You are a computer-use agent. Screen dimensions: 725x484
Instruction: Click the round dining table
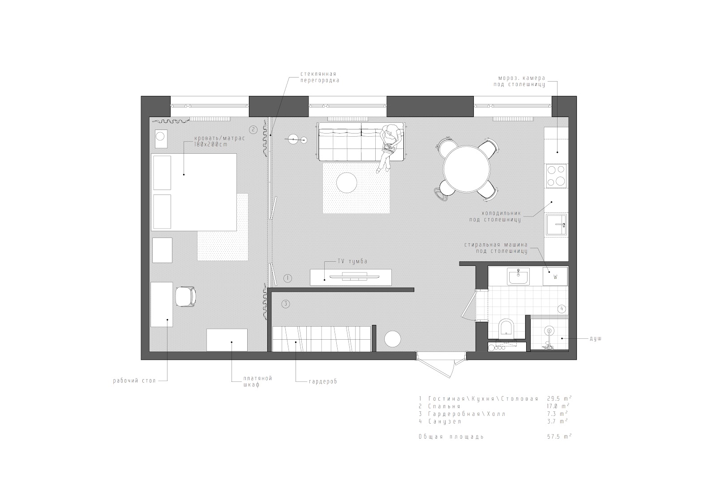pos(467,169)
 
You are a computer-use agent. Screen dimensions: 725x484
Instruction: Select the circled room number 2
pos(253,130)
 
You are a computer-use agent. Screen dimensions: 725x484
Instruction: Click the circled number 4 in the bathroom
pos(562,309)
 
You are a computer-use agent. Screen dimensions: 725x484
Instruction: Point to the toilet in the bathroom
pos(506,327)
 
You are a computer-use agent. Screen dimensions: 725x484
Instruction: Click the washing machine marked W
pos(555,277)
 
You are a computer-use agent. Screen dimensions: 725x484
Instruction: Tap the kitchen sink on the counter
pos(556,224)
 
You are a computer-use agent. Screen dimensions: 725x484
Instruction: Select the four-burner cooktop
pos(556,176)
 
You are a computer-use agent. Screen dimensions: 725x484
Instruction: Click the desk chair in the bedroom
pos(186,296)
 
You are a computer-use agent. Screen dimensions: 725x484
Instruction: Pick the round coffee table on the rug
pos(346,183)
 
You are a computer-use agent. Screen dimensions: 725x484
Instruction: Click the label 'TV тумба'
pos(353,261)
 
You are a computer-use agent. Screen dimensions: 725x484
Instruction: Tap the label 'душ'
pos(596,339)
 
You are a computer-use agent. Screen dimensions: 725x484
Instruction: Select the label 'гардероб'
pos(323,381)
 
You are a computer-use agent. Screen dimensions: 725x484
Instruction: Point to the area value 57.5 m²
pos(559,436)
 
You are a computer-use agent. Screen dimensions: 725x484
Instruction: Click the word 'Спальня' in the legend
pos(444,406)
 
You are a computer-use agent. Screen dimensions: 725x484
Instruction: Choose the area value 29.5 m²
pos(559,398)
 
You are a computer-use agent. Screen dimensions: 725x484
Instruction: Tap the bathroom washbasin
pos(519,277)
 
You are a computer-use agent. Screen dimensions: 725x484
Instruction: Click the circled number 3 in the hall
pos(285,304)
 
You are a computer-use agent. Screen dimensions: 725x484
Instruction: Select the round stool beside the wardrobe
pos(393,339)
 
